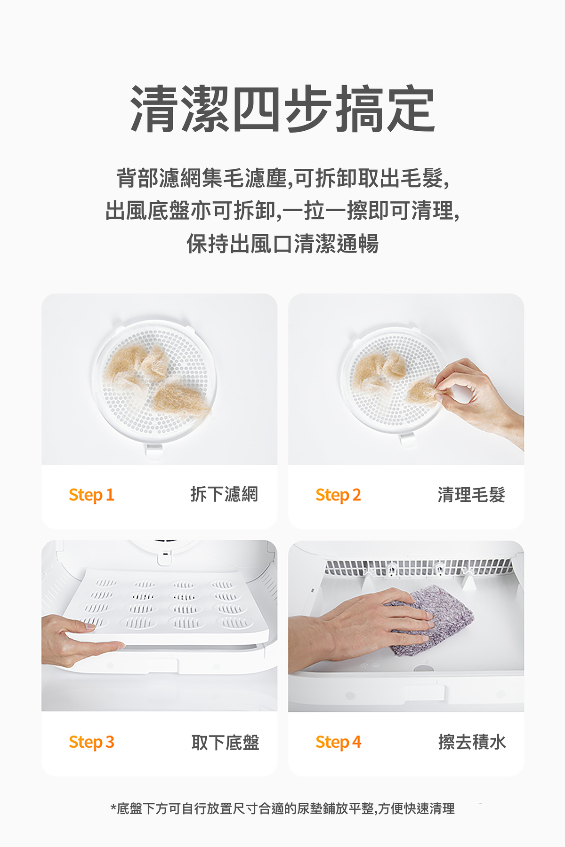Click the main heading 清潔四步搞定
tap(282, 109)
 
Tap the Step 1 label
tap(91, 495)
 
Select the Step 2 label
tap(338, 495)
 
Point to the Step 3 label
tap(91, 742)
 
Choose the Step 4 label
tap(338, 742)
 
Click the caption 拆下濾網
tap(224, 494)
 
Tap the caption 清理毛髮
tap(471, 494)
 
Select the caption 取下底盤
tap(225, 742)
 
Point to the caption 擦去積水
tap(472, 742)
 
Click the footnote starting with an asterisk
tap(282, 808)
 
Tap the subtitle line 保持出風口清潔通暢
tap(282, 244)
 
